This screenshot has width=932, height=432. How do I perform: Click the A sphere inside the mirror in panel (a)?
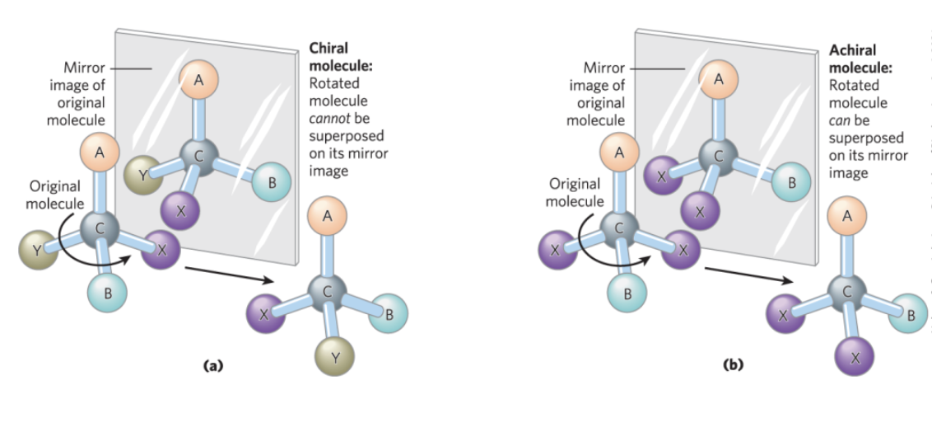click(x=198, y=81)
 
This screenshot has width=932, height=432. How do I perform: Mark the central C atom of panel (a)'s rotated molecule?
click(x=327, y=290)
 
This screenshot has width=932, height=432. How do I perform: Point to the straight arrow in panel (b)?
click(x=749, y=275)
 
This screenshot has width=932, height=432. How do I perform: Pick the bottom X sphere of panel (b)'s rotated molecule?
click(x=855, y=357)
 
